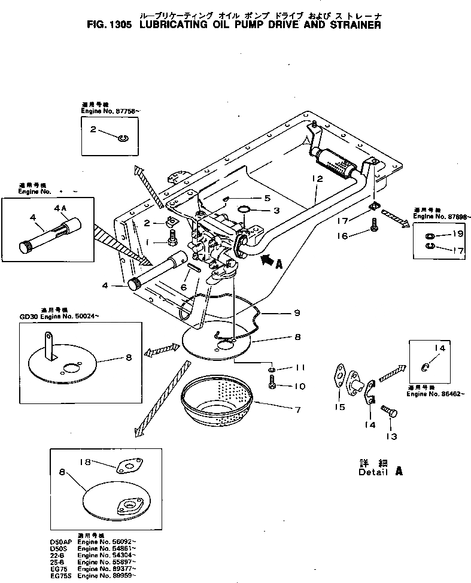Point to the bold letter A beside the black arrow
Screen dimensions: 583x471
pyautogui.click(x=279, y=263)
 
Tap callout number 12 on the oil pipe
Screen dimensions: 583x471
pyautogui.click(x=317, y=179)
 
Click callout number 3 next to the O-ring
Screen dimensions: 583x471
pyautogui.click(x=276, y=210)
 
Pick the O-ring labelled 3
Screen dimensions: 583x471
pyautogui.click(x=245, y=210)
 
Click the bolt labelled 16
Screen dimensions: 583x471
pyautogui.click(x=374, y=227)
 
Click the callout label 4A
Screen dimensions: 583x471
pyautogui.click(x=60, y=208)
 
